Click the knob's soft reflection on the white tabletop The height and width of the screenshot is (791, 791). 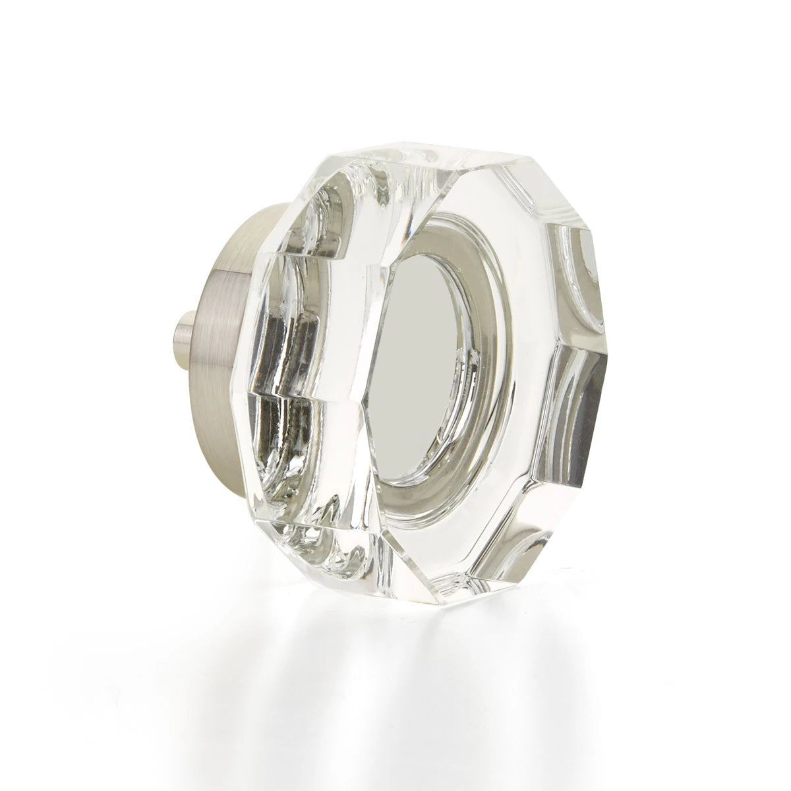[x=395, y=686]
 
